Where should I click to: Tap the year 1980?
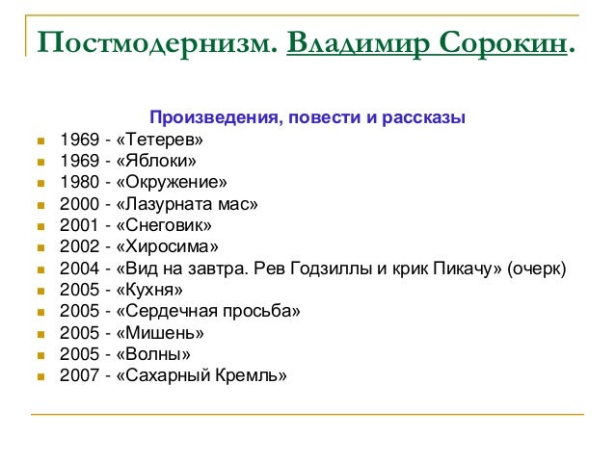tap(78, 182)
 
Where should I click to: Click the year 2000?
tap(78, 204)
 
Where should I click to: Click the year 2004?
tap(78, 268)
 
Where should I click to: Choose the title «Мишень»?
tap(159, 333)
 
